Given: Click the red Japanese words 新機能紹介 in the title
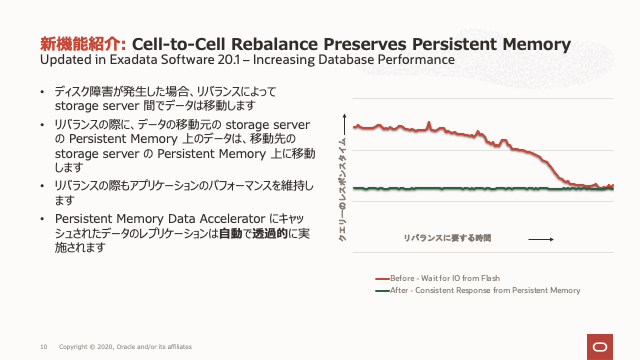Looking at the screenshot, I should pyautogui.click(x=81, y=44).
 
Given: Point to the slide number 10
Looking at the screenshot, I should pyautogui.click(x=43, y=346).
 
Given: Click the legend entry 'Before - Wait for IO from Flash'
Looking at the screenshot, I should pyautogui.click(x=445, y=278).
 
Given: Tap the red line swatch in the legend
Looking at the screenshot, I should pyautogui.click(x=381, y=278).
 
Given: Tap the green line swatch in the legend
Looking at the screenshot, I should pyautogui.click(x=381, y=290).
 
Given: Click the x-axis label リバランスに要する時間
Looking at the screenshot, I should pyautogui.click(x=448, y=239).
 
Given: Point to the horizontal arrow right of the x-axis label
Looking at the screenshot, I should pyautogui.click(x=540, y=239).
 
